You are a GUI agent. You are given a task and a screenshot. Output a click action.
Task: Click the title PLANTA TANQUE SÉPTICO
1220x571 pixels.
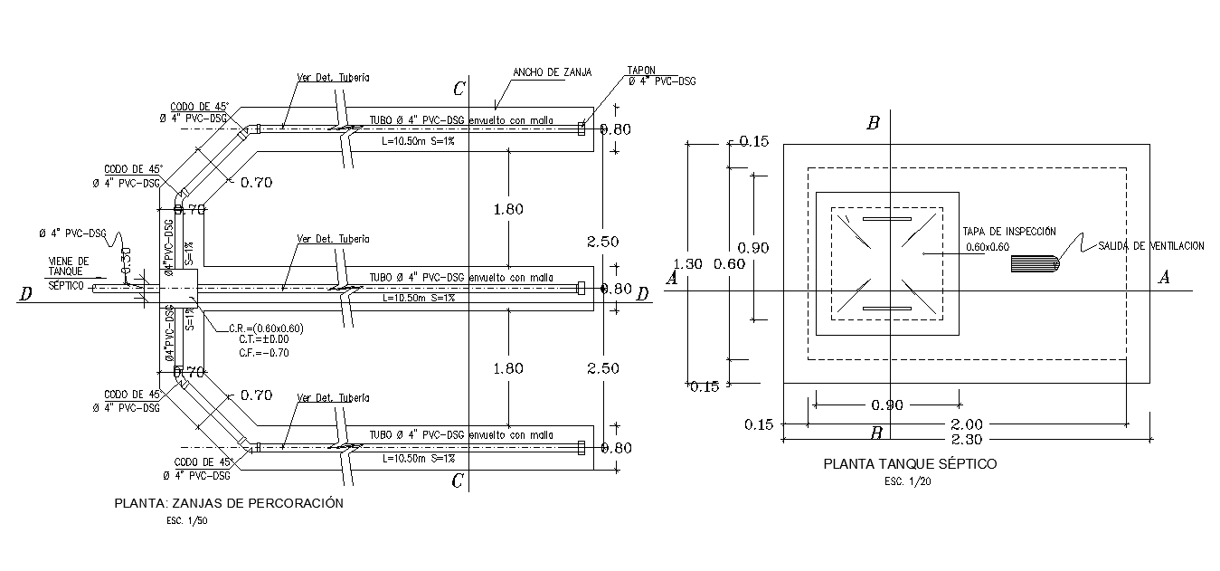click(x=909, y=463)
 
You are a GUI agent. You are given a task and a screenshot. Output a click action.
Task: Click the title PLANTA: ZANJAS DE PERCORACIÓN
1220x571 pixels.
click(x=229, y=503)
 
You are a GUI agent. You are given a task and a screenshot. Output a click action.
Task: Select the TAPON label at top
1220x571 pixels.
click(x=641, y=70)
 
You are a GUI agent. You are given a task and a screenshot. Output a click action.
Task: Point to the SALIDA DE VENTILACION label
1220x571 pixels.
click(x=1151, y=246)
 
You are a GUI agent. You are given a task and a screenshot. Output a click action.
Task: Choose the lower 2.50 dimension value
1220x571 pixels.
click(x=602, y=368)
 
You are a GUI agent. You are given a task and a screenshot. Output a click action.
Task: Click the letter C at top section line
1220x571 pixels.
click(x=459, y=89)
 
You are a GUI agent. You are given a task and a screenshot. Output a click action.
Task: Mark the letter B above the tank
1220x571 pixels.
click(x=873, y=124)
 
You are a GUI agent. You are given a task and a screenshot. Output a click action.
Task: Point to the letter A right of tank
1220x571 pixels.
click(x=1164, y=278)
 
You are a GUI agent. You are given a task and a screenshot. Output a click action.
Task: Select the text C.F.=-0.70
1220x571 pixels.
click(x=264, y=353)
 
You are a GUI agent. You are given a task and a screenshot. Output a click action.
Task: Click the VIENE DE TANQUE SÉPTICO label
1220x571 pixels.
click(x=69, y=272)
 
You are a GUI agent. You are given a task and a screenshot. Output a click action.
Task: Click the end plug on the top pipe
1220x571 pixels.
click(x=581, y=129)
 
